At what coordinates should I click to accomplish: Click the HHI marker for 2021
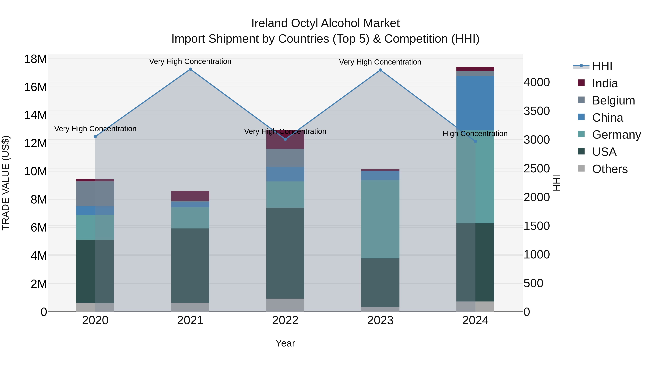pyautogui.click(x=190, y=69)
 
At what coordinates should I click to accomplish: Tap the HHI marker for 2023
pyautogui.click(x=380, y=70)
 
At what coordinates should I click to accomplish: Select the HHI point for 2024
pyautogui.click(x=475, y=142)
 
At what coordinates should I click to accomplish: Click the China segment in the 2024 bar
pyautogui.click(x=475, y=103)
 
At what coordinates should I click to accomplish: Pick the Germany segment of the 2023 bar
pyautogui.click(x=380, y=219)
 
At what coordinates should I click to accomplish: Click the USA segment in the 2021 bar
pyautogui.click(x=190, y=266)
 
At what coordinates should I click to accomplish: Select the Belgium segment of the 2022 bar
pyautogui.click(x=285, y=158)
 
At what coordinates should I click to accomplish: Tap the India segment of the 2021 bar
pyautogui.click(x=190, y=196)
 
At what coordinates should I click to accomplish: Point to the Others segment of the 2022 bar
pyautogui.click(x=285, y=305)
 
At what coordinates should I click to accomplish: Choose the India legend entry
pyautogui.click(x=605, y=83)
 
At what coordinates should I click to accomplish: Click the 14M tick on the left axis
pyautogui.click(x=35, y=115)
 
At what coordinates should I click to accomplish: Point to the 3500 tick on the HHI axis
pyautogui.click(x=537, y=111)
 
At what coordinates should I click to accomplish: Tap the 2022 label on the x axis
pyautogui.click(x=285, y=320)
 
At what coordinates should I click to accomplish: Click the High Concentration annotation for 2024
pyautogui.click(x=475, y=134)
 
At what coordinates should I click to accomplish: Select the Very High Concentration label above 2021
pyautogui.click(x=190, y=62)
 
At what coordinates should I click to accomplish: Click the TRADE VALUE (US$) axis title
pyautogui.click(x=6, y=183)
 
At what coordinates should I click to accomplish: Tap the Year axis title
pyautogui.click(x=285, y=343)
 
